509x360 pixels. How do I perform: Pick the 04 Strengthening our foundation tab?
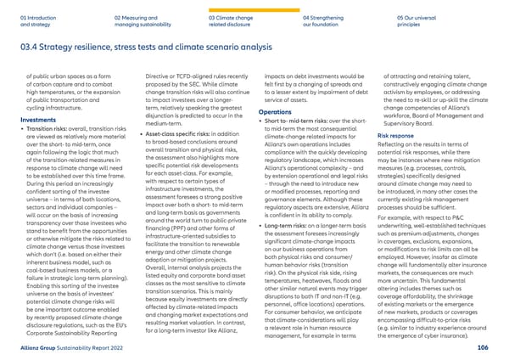click(x=327, y=19)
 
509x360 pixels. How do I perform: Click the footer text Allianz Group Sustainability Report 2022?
click(x=68, y=347)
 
